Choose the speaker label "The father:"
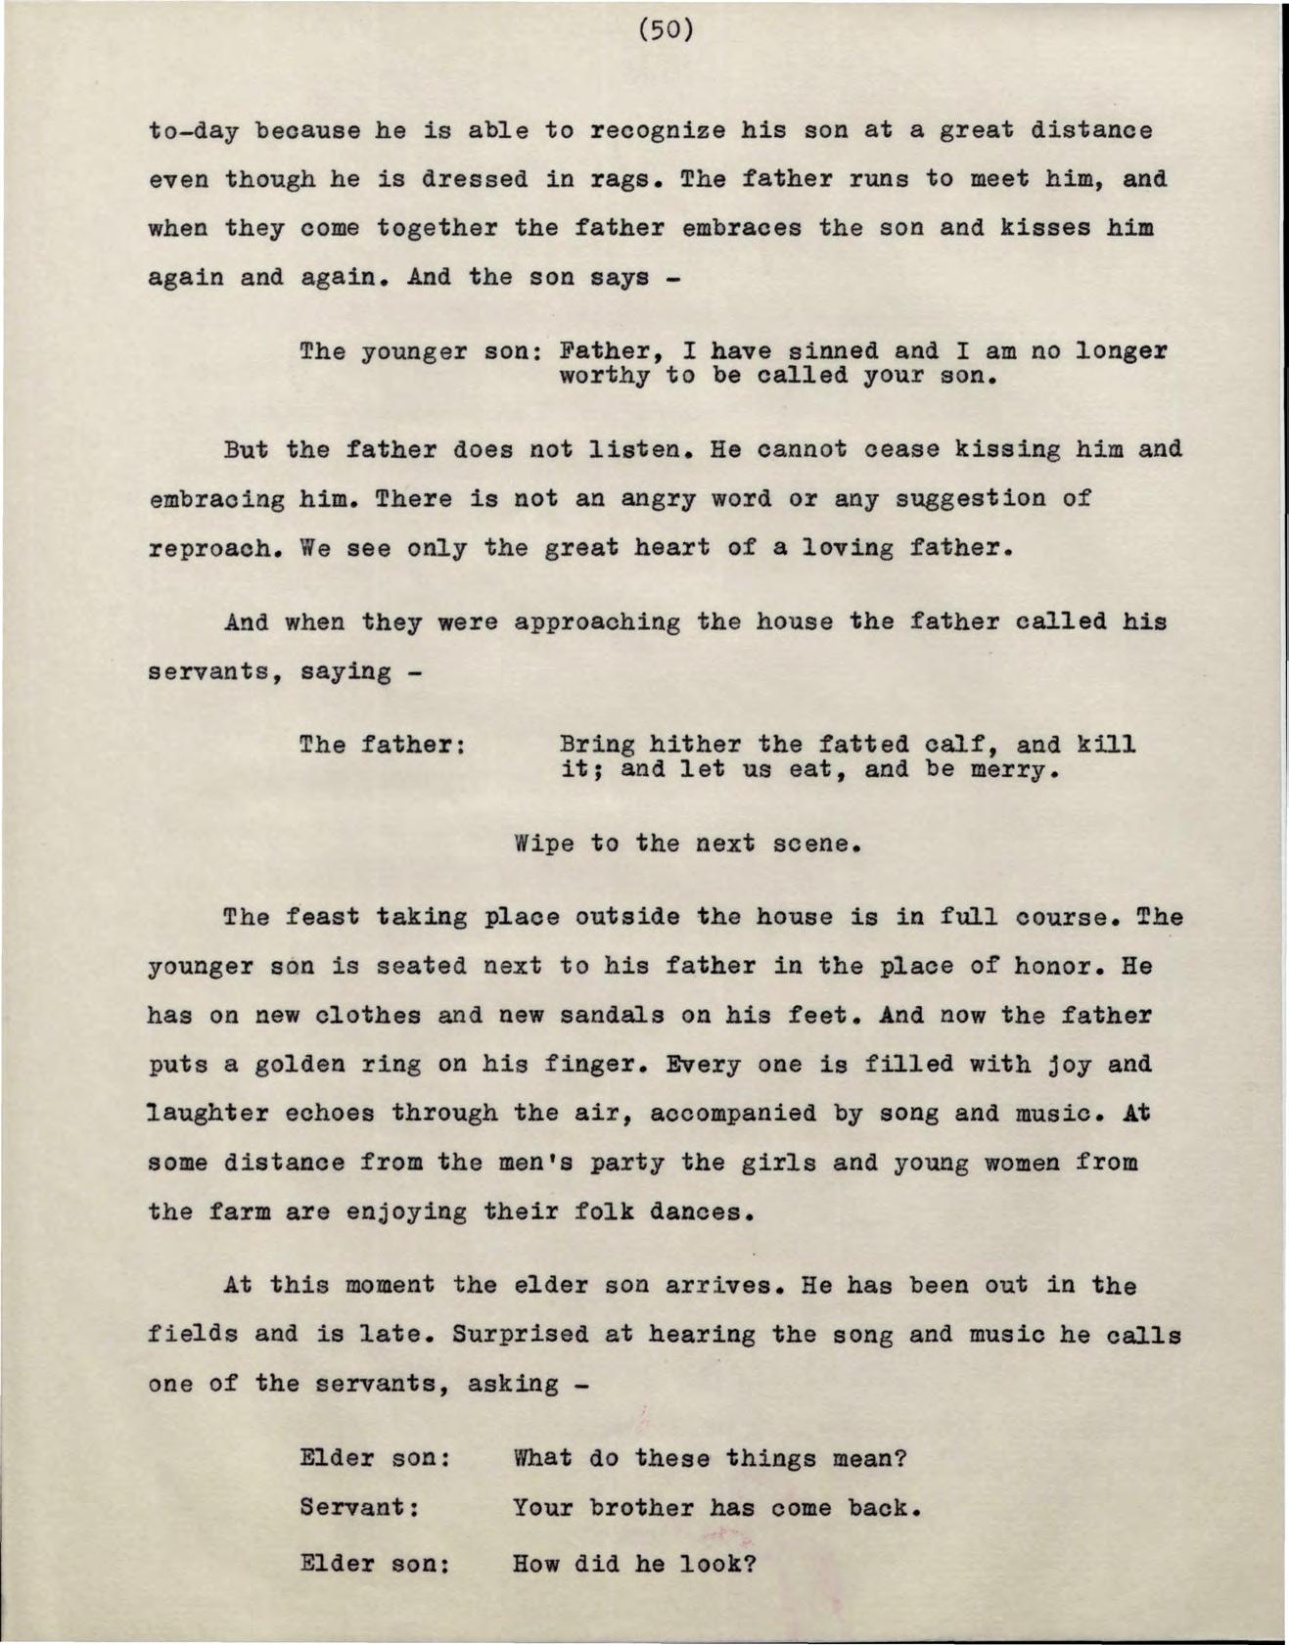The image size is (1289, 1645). [x=381, y=746]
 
